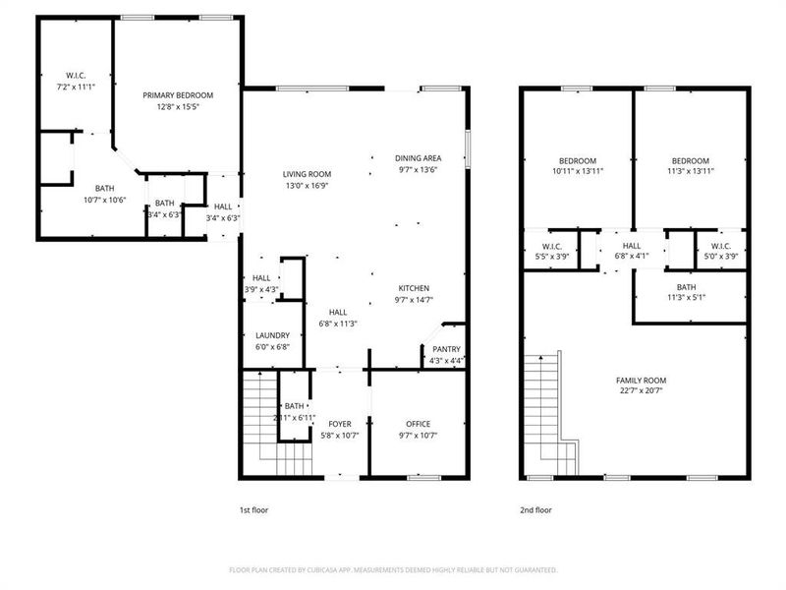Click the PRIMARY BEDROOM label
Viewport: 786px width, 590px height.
178,95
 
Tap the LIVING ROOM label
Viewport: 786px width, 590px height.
307,174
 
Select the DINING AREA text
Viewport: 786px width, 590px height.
418,158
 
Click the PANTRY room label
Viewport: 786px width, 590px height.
446,350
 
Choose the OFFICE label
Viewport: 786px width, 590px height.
419,424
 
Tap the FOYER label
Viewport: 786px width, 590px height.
340,424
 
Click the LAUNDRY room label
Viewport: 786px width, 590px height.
272,335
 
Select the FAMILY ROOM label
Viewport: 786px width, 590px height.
641,381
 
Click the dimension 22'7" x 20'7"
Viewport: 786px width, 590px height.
641,391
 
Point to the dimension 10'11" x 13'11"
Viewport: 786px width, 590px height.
578,171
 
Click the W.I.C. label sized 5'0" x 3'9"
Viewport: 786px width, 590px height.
720,246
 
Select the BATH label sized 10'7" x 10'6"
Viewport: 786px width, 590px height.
103,188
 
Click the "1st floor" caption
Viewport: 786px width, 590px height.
253,510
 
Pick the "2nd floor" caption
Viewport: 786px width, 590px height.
536,510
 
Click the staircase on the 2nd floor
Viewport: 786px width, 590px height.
545,413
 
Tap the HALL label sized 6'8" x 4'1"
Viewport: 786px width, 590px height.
631,246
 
